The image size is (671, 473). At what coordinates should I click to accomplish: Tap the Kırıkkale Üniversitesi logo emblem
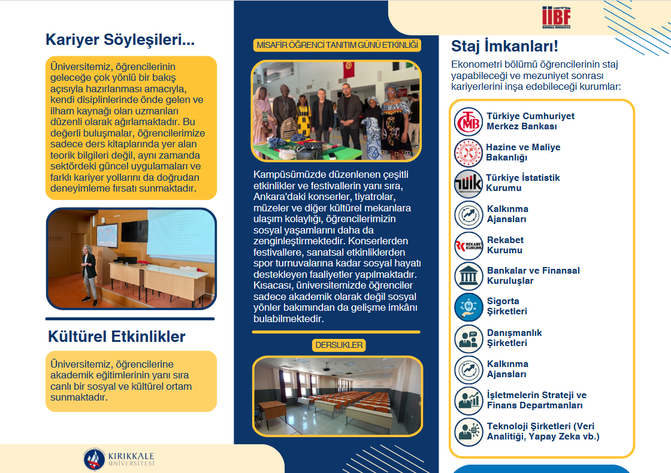[94, 459]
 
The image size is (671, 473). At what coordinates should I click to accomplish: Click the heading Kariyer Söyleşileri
[120, 40]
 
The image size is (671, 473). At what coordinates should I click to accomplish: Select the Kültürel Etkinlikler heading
[117, 336]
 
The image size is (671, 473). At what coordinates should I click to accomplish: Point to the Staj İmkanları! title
[504, 46]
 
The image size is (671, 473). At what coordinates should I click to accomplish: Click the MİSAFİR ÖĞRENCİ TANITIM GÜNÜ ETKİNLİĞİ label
[337, 46]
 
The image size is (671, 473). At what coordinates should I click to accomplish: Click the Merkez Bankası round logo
[468, 122]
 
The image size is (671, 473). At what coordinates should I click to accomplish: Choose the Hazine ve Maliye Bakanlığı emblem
[468, 153]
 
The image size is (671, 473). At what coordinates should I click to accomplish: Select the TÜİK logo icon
[468, 183]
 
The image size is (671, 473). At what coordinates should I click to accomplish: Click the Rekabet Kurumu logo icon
[468, 245]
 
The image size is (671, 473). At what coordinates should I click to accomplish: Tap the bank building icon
[468, 276]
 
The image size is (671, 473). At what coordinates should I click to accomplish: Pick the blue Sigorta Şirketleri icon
[468, 307]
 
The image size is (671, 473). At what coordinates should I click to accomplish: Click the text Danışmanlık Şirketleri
[514, 338]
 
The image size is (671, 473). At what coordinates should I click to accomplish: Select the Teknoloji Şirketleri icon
[468, 432]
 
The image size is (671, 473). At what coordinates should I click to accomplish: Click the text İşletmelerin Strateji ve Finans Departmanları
[536, 401]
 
